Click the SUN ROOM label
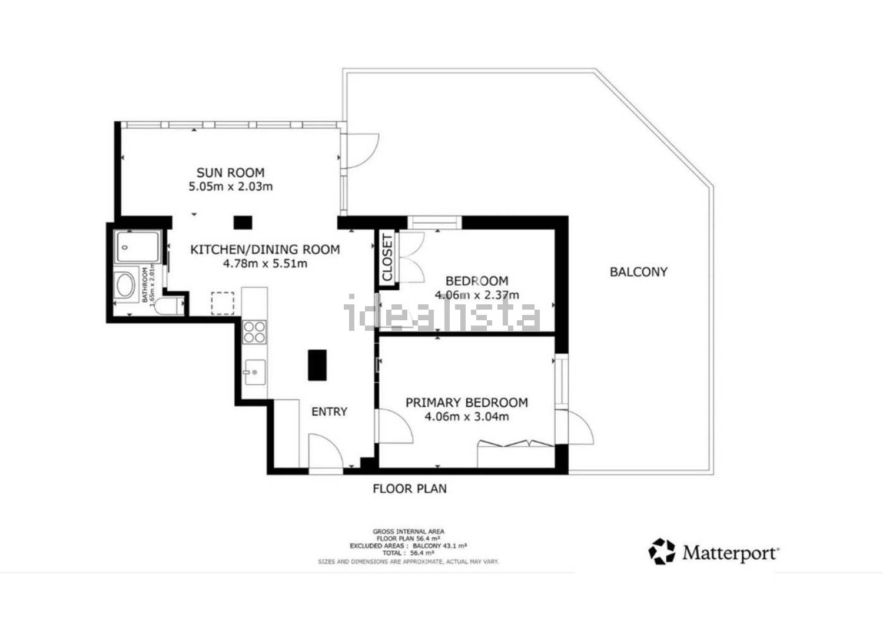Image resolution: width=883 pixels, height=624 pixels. (230, 172)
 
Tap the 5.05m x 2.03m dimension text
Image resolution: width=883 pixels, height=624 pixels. (230, 187)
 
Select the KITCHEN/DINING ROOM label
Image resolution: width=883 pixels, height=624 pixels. (265, 250)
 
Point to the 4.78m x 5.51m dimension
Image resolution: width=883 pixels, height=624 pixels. (265, 264)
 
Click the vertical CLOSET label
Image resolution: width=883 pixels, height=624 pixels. (387, 258)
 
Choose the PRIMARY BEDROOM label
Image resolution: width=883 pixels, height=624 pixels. (466, 403)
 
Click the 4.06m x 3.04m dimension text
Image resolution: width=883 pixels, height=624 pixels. (466, 417)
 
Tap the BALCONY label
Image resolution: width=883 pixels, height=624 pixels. (638, 272)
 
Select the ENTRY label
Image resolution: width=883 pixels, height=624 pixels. (329, 411)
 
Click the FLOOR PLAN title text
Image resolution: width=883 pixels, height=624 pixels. (410, 489)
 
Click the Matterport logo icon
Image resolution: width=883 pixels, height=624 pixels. (662, 552)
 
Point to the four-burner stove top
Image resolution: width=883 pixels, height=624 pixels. (254, 331)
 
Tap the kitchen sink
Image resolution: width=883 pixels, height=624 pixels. (254, 371)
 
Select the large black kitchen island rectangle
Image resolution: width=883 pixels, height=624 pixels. (317, 365)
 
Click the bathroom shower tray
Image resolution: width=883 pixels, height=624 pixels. (137, 248)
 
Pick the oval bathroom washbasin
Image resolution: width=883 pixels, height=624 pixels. (127, 286)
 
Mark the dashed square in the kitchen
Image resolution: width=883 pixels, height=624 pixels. (223, 303)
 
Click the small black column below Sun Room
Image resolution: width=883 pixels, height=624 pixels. (243, 223)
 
